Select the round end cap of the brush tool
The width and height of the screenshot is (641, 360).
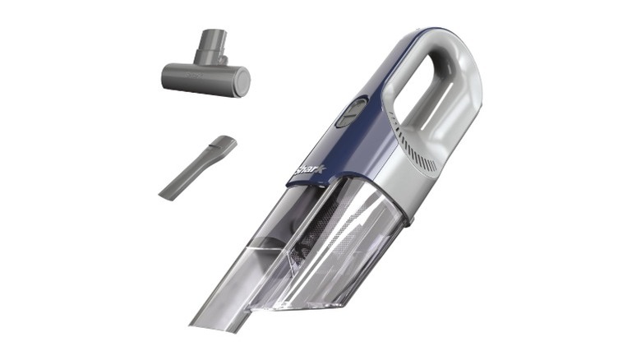click(242, 82)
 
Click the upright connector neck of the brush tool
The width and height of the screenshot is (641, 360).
click(210, 47)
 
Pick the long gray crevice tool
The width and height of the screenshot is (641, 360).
click(197, 168)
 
